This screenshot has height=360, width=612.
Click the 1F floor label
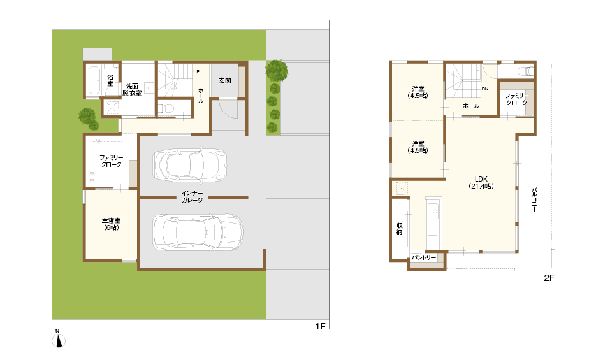321,326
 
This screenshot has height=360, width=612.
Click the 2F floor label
549,278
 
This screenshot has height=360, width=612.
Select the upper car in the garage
190,165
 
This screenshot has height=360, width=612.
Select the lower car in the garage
198,232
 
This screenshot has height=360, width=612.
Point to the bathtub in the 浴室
94,81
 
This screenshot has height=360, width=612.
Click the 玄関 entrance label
225,81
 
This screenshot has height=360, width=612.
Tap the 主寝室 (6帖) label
111,224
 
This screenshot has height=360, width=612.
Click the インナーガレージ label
192,197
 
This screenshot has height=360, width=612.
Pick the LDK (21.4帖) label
481,182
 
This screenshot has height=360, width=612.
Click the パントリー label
423,257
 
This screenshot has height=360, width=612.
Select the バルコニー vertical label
534,199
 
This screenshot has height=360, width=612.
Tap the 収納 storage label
399,229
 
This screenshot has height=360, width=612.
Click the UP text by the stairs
196,72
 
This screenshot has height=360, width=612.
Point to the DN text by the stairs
485,89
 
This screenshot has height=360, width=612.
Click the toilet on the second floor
525,71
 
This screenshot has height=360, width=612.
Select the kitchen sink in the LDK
434,212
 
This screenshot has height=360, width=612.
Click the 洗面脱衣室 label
132,90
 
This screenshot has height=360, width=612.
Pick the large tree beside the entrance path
277,71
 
